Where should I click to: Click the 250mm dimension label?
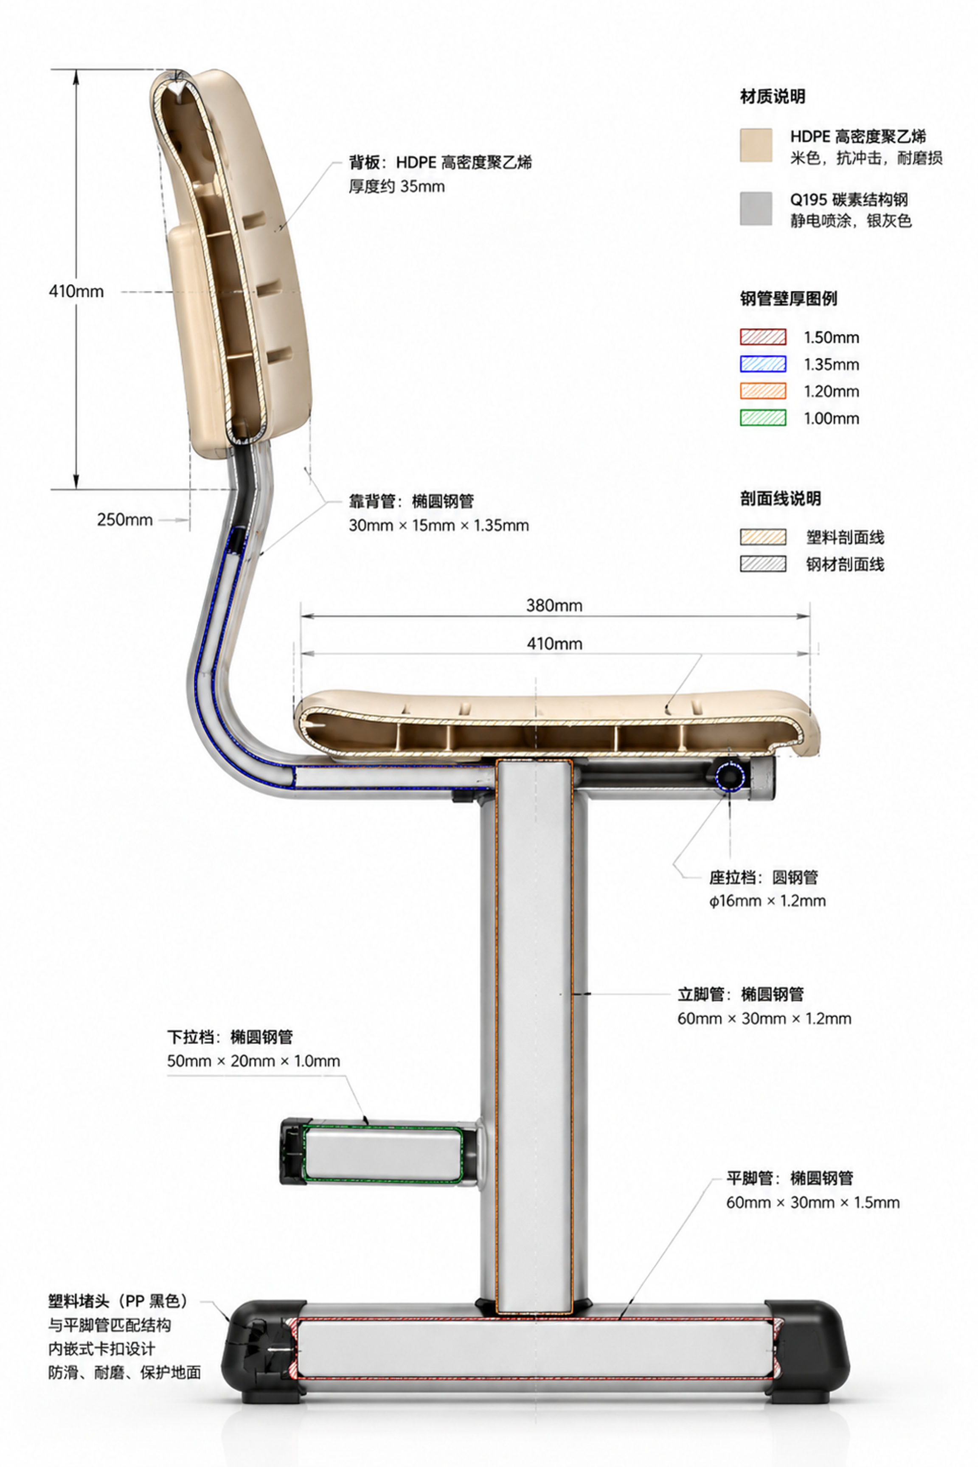125,520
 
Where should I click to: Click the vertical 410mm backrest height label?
76,291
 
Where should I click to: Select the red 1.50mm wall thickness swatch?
763,337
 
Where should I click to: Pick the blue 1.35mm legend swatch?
763,364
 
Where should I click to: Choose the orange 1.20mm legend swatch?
763,391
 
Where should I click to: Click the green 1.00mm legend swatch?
763,417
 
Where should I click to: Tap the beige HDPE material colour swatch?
756,145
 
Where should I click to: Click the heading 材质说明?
772,97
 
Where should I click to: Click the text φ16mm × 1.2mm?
767,901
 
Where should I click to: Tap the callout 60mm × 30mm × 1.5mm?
813,1203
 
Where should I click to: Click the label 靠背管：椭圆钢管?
411,501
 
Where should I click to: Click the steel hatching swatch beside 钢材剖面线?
763,564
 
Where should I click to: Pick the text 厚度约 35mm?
397,186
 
